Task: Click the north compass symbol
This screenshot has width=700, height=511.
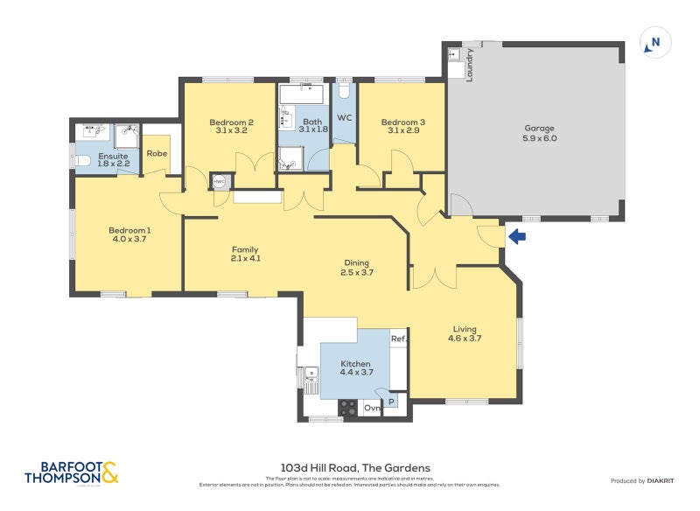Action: coord(654,42)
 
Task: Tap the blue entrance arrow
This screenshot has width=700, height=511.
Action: coord(517,236)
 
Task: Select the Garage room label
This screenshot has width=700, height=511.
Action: coord(539,128)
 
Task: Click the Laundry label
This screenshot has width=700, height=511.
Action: coord(470,64)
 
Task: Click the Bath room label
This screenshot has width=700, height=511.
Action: coord(312,122)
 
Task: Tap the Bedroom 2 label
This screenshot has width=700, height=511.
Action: coord(231,122)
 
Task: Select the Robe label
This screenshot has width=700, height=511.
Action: coord(157,153)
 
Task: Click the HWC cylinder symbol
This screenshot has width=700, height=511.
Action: coord(219,182)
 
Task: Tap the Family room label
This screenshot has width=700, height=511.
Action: coord(246,248)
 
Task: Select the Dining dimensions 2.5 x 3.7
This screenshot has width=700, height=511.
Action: coord(356,272)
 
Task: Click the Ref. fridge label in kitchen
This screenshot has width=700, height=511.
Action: coord(398,339)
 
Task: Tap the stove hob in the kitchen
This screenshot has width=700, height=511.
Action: coord(347,408)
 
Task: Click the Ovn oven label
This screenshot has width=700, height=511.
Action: coord(372,408)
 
